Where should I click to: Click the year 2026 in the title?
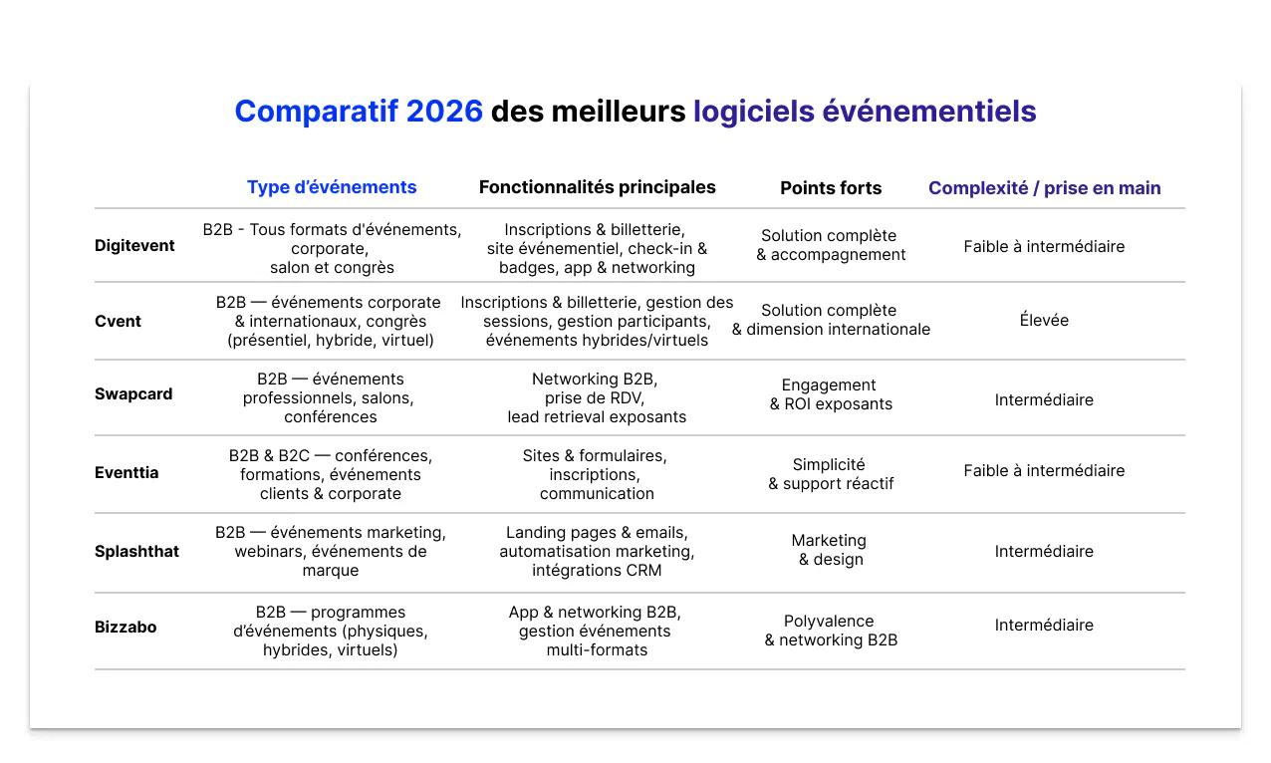444,112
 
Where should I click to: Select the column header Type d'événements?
332,187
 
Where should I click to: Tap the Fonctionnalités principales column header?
597,187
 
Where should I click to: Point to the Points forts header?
831,188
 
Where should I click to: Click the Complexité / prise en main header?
1044,188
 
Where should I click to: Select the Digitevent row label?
134,246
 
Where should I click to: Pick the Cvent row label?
118,321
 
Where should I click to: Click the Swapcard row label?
133,394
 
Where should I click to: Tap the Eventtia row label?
127,473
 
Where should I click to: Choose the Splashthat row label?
136,551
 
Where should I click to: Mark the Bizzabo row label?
126,628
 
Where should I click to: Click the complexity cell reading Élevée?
1044,321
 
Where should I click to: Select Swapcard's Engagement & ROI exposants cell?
830,394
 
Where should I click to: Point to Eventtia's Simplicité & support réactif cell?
830,474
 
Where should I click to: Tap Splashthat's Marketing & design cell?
830,550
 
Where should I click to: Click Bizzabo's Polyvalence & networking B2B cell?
830,631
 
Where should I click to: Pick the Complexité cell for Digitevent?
1044,246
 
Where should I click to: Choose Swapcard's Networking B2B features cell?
596,397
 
